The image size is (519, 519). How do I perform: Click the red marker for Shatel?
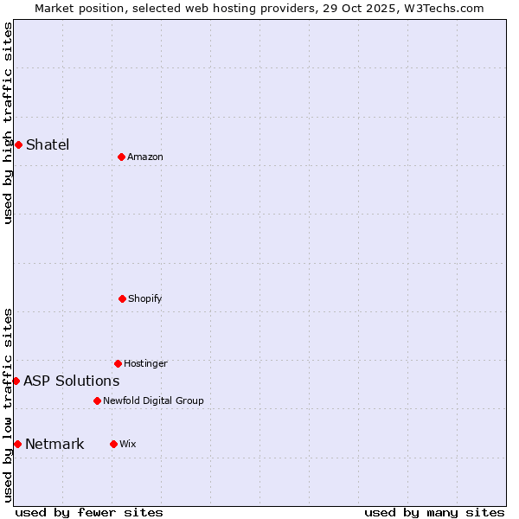[x=18, y=144]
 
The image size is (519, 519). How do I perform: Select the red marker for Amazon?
[x=121, y=157]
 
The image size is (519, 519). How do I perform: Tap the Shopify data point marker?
[x=122, y=298]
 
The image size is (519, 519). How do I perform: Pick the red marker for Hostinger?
[x=118, y=363]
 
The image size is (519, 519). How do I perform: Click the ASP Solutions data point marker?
[x=16, y=381]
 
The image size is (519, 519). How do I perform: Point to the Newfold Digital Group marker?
[x=97, y=400]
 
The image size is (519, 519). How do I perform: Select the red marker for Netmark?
[x=17, y=444]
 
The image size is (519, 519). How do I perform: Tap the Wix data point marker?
[x=113, y=444]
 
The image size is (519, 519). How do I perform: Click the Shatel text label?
[x=48, y=144]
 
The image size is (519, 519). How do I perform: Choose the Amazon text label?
[x=145, y=157]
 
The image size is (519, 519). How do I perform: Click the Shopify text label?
[x=145, y=298]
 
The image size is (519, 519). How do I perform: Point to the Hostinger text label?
[x=145, y=363]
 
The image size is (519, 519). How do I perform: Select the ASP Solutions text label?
[x=72, y=381]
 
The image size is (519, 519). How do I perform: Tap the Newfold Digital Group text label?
[x=153, y=400]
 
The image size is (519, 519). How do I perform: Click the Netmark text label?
[x=54, y=444]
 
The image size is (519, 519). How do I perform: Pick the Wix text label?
[x=128, y=444]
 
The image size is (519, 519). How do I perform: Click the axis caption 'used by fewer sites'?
[x=89, y=512]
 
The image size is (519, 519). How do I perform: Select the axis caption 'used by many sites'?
[x=434, y=512]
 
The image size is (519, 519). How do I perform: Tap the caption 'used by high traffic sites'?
[x=8, y=123]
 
